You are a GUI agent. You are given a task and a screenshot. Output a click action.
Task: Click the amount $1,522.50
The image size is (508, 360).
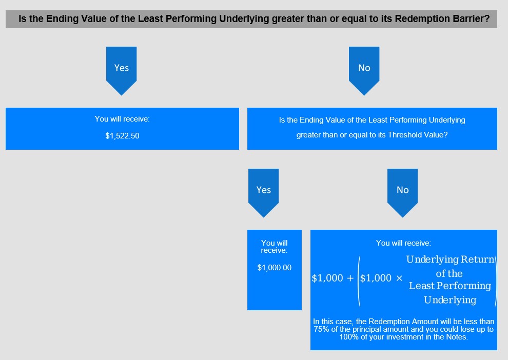point(122,136)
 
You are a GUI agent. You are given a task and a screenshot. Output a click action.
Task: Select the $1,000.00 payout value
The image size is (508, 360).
point(275,268)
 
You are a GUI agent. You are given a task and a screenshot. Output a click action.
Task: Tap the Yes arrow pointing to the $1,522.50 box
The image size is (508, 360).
point(122,71)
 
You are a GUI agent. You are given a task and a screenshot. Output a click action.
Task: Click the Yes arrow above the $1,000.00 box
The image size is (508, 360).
point(264,193)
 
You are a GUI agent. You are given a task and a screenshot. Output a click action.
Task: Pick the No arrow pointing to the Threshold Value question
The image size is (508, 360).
point(364,71)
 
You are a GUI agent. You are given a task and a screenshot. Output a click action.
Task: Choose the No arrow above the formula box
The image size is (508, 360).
point(403,193)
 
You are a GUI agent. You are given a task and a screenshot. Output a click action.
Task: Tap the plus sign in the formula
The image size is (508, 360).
point(350,278)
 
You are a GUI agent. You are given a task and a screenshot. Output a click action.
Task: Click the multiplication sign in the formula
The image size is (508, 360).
point(399,278)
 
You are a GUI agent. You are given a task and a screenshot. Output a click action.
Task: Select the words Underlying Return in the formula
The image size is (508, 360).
point(451,259)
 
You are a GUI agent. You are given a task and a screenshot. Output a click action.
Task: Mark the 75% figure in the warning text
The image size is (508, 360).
point(321,329)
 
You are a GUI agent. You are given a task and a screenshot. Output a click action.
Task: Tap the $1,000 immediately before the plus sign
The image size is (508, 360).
point(327,278)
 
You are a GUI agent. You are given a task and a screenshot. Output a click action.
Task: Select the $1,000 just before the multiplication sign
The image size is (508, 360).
point(376,278)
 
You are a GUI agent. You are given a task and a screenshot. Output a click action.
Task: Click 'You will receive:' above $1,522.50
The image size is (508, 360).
point(122,119)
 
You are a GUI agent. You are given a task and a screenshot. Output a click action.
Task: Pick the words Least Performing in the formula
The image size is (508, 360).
point(450,286)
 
